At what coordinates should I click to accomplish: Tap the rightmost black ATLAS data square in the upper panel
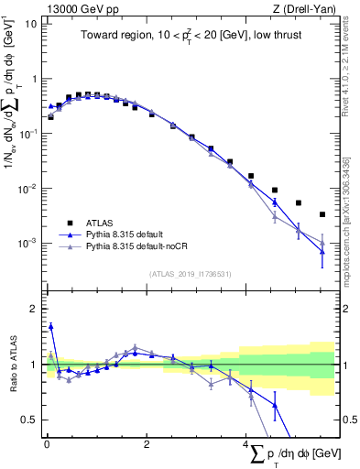(x=322, y=214)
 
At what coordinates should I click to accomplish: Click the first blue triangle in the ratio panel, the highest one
(x=50, y=325)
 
